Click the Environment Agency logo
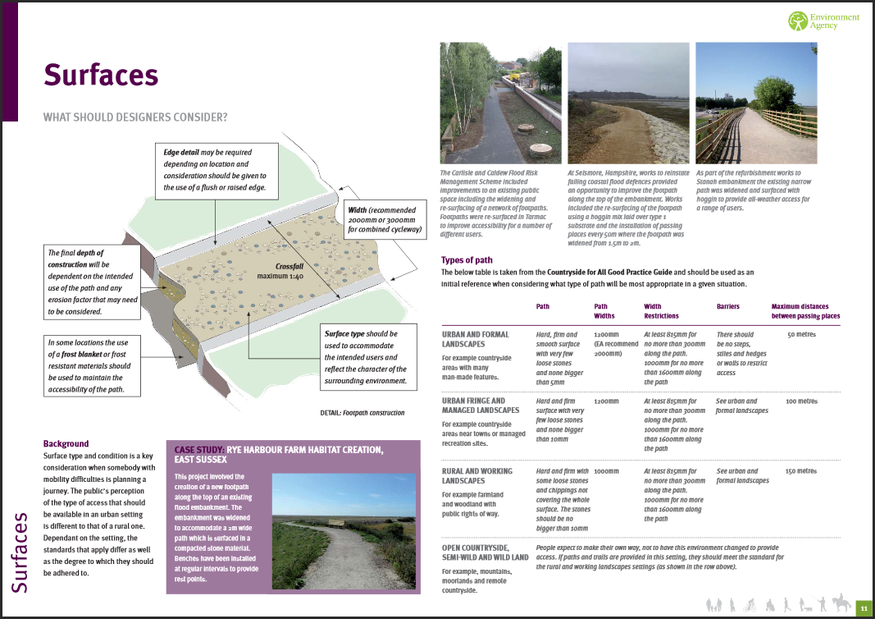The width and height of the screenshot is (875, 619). [x=823, y=21]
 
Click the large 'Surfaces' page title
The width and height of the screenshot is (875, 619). [x=100, y=75]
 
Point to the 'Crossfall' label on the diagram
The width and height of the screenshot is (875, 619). [x=290, y=267]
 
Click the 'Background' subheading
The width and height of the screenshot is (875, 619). [x=66, y=443]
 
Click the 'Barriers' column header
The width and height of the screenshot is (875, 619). [x=727, y=306]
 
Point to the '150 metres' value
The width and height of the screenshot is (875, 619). [x=801, y=471]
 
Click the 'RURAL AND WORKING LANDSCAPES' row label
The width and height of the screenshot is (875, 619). [x=476, y=475]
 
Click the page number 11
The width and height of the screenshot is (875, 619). [x=863, y=608]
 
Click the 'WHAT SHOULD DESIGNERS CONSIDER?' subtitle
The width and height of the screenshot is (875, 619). [x=135, y=117]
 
